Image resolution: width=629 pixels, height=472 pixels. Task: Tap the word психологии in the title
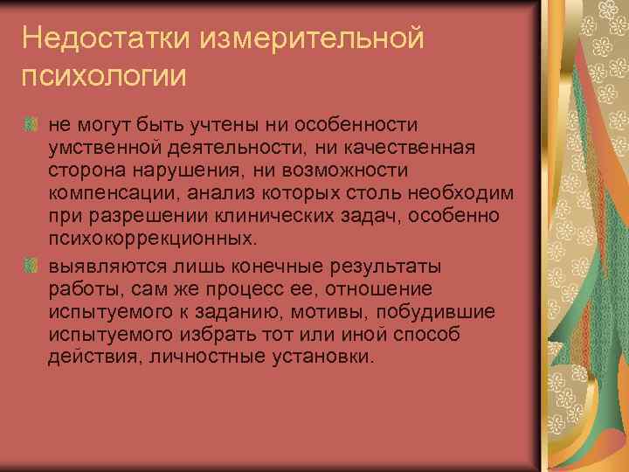click(104, 76)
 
